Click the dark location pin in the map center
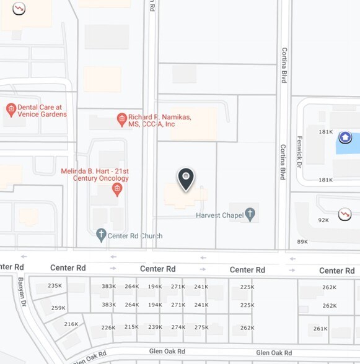pos(186,179)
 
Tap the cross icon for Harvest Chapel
pos(250,214)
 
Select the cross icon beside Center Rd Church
pos(102,235)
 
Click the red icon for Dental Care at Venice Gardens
pos(11,110)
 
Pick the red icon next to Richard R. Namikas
pos(122,119)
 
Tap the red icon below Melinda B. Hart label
pos(117,191)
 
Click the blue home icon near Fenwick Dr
pos(345,137)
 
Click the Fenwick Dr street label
pos(299,152)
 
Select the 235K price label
pos(55,286)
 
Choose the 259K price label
pos(58,308)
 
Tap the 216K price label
pos(71,324)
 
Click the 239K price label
pos(155,327)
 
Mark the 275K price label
pos(201,327)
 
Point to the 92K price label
pos(323,220)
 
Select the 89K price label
pos(302,241)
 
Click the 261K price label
pos(320,329)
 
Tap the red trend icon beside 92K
pos(345,214)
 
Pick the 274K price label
pos(178,327)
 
